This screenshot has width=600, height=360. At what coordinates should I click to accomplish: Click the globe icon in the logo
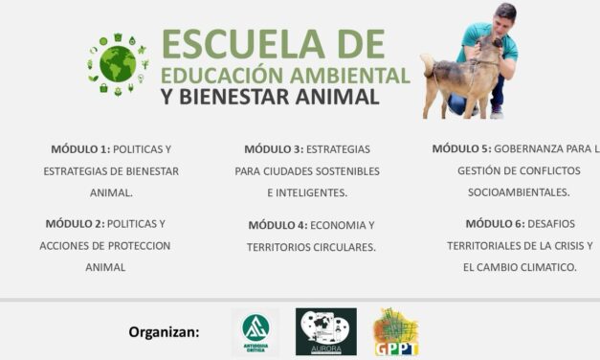coord(119,63)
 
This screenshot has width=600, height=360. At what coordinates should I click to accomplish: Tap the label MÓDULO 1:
coord(81,149)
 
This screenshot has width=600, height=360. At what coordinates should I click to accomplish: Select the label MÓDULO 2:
coord(76,223)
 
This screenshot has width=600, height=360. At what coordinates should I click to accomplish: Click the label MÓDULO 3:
coord(274,149)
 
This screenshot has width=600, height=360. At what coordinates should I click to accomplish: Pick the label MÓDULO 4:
coord(278,225)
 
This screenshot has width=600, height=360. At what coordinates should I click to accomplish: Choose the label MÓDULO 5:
coord(461,148)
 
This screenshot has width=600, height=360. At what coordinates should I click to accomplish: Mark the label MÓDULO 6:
coord(496,223)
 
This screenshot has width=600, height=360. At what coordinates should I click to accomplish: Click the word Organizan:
coord(165,332)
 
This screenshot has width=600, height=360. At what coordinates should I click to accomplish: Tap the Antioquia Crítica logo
coord(256,331)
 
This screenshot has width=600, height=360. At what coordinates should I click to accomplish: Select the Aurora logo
coord(325,331)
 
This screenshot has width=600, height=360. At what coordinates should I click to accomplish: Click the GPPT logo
coord(395,331)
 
